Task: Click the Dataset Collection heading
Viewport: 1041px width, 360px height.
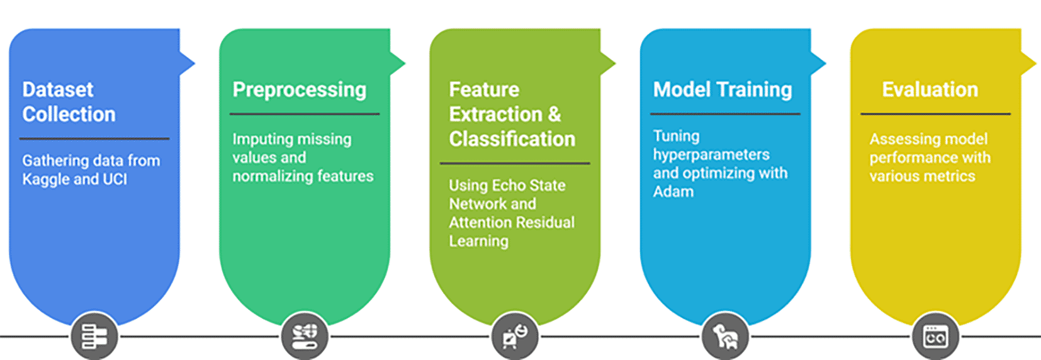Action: (x=69, y=102)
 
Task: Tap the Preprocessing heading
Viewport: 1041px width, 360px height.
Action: (x=300, y=89)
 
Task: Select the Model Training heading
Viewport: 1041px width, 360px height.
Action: (x=723, y=89)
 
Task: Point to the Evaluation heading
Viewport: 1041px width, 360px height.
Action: (x=930, y=89)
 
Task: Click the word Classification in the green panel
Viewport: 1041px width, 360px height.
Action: (x=512, y=139)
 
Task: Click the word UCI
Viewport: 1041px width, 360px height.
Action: (x=115, y=179)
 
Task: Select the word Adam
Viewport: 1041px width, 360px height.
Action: (x=673, y=191)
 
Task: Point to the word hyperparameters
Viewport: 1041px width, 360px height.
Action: (x=711, y=155)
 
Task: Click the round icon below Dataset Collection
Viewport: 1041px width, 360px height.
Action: (x=94, y=336)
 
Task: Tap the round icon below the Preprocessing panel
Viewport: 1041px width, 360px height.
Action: (x=305, y=336)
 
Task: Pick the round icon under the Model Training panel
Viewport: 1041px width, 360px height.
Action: (x=726, y=336)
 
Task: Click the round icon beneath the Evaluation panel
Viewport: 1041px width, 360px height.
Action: (x=936, y=336)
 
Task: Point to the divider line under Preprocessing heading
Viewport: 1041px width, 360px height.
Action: (x=305, y=114)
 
